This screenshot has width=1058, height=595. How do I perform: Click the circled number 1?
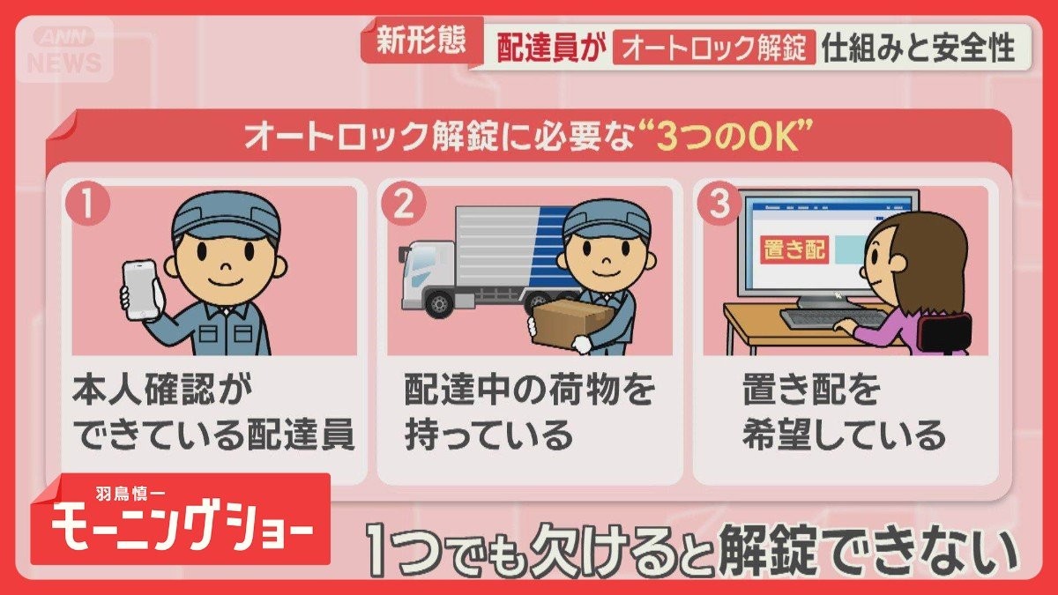tap(88, 205)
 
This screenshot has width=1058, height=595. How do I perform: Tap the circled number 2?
tap(403, 205)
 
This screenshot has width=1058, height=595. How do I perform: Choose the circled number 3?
tap(719, 205)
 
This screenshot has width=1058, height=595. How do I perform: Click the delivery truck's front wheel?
tap(437, 303)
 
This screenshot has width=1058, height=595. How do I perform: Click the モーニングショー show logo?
tap(181, 527)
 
